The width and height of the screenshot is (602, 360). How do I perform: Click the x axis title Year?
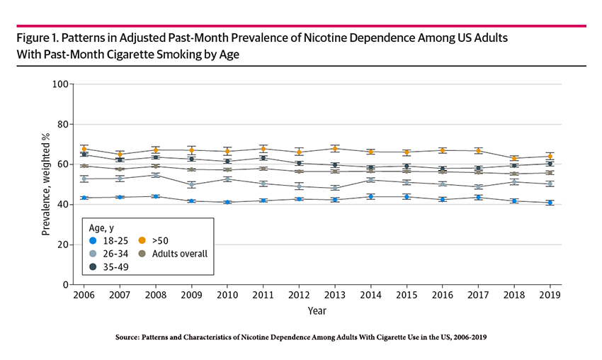tap(317, 310)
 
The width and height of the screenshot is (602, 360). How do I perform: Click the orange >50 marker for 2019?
tap(550, 156)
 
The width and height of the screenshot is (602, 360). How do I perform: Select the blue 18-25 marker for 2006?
tap(84, 198)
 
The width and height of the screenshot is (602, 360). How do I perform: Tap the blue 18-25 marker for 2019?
tap(550, 203)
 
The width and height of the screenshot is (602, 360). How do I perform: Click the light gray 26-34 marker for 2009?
tap(191, 184)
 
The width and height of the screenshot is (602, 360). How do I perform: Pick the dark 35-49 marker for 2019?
tap(550, 164)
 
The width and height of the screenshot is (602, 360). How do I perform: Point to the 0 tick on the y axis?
tap(65, 285)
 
